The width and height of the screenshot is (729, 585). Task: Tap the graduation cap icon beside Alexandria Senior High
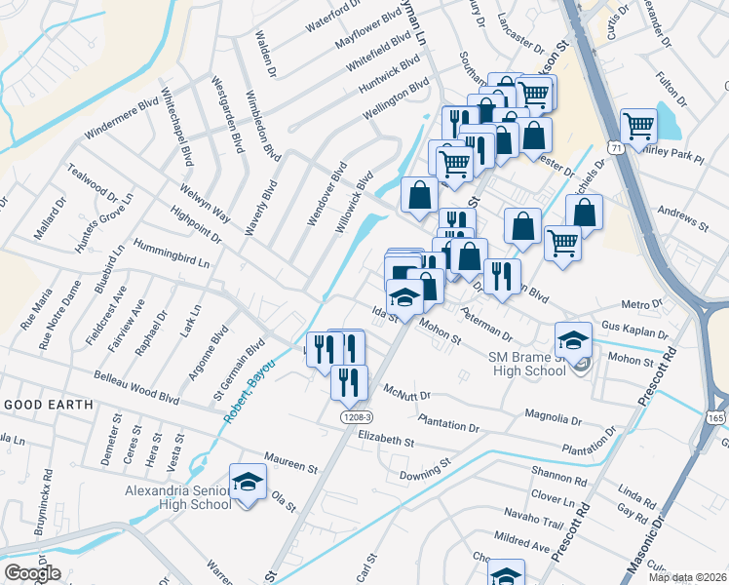coord(248,483)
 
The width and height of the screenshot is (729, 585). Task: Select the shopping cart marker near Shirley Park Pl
coord(638,125)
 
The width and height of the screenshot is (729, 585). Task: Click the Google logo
coord(32,573)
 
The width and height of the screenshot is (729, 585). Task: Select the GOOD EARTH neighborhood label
coord(49,404)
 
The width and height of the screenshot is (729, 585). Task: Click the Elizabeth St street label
coord(386,440)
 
